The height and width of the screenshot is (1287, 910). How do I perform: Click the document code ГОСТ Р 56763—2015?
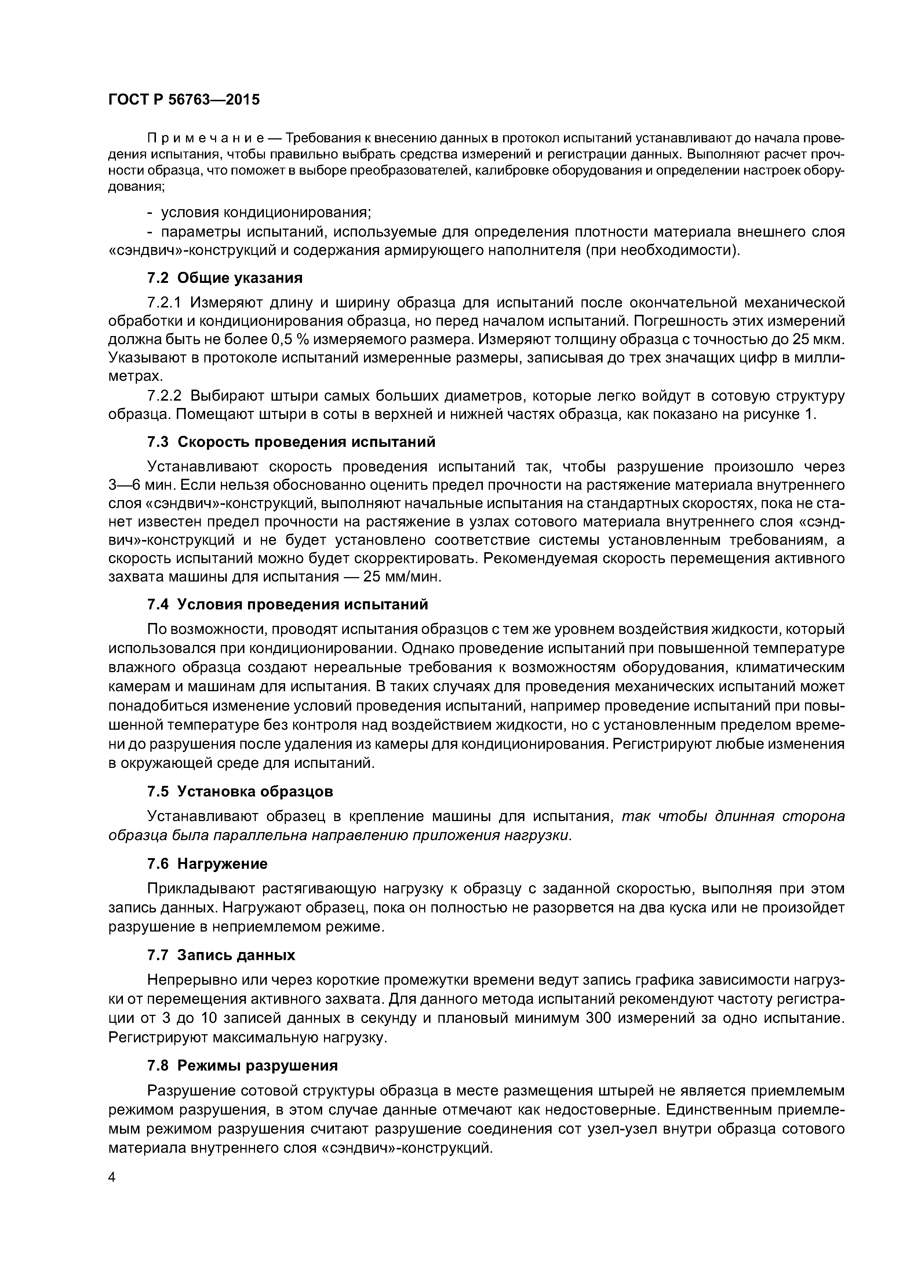(x=184, y=100)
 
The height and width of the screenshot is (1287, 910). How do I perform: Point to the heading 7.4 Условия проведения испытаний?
(x=287, y=604)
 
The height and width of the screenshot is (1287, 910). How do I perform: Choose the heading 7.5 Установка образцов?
(x=240, y=791)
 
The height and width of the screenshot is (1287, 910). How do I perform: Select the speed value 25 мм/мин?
(x=402, y=577)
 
